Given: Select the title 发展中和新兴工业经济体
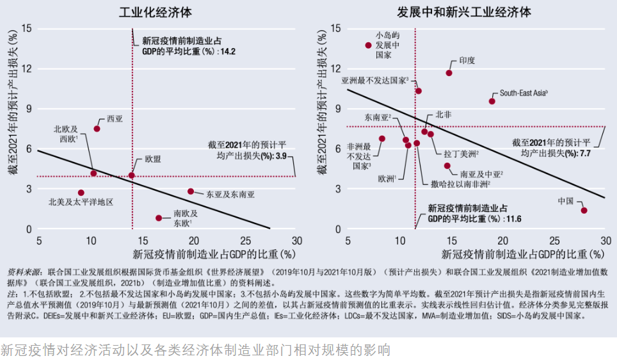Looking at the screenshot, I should point(463,12).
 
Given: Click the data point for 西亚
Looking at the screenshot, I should point(97,129).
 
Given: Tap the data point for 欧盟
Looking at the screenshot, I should point(132,175).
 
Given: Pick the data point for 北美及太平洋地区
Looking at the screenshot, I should point(81,193).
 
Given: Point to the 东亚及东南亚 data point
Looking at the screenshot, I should point(191,191).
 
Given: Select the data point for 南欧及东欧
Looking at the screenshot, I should point(159,218).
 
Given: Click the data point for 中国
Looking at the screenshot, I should point(584,210).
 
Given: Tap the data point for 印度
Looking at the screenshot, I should point(449,73).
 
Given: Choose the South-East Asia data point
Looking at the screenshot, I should point(492,101).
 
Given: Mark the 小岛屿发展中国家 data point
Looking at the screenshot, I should point(368,45).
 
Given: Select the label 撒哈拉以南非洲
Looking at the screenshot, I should point(460,184).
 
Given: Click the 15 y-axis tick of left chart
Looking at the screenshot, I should point(26,28).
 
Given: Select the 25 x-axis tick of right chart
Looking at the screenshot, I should point(554,241).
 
